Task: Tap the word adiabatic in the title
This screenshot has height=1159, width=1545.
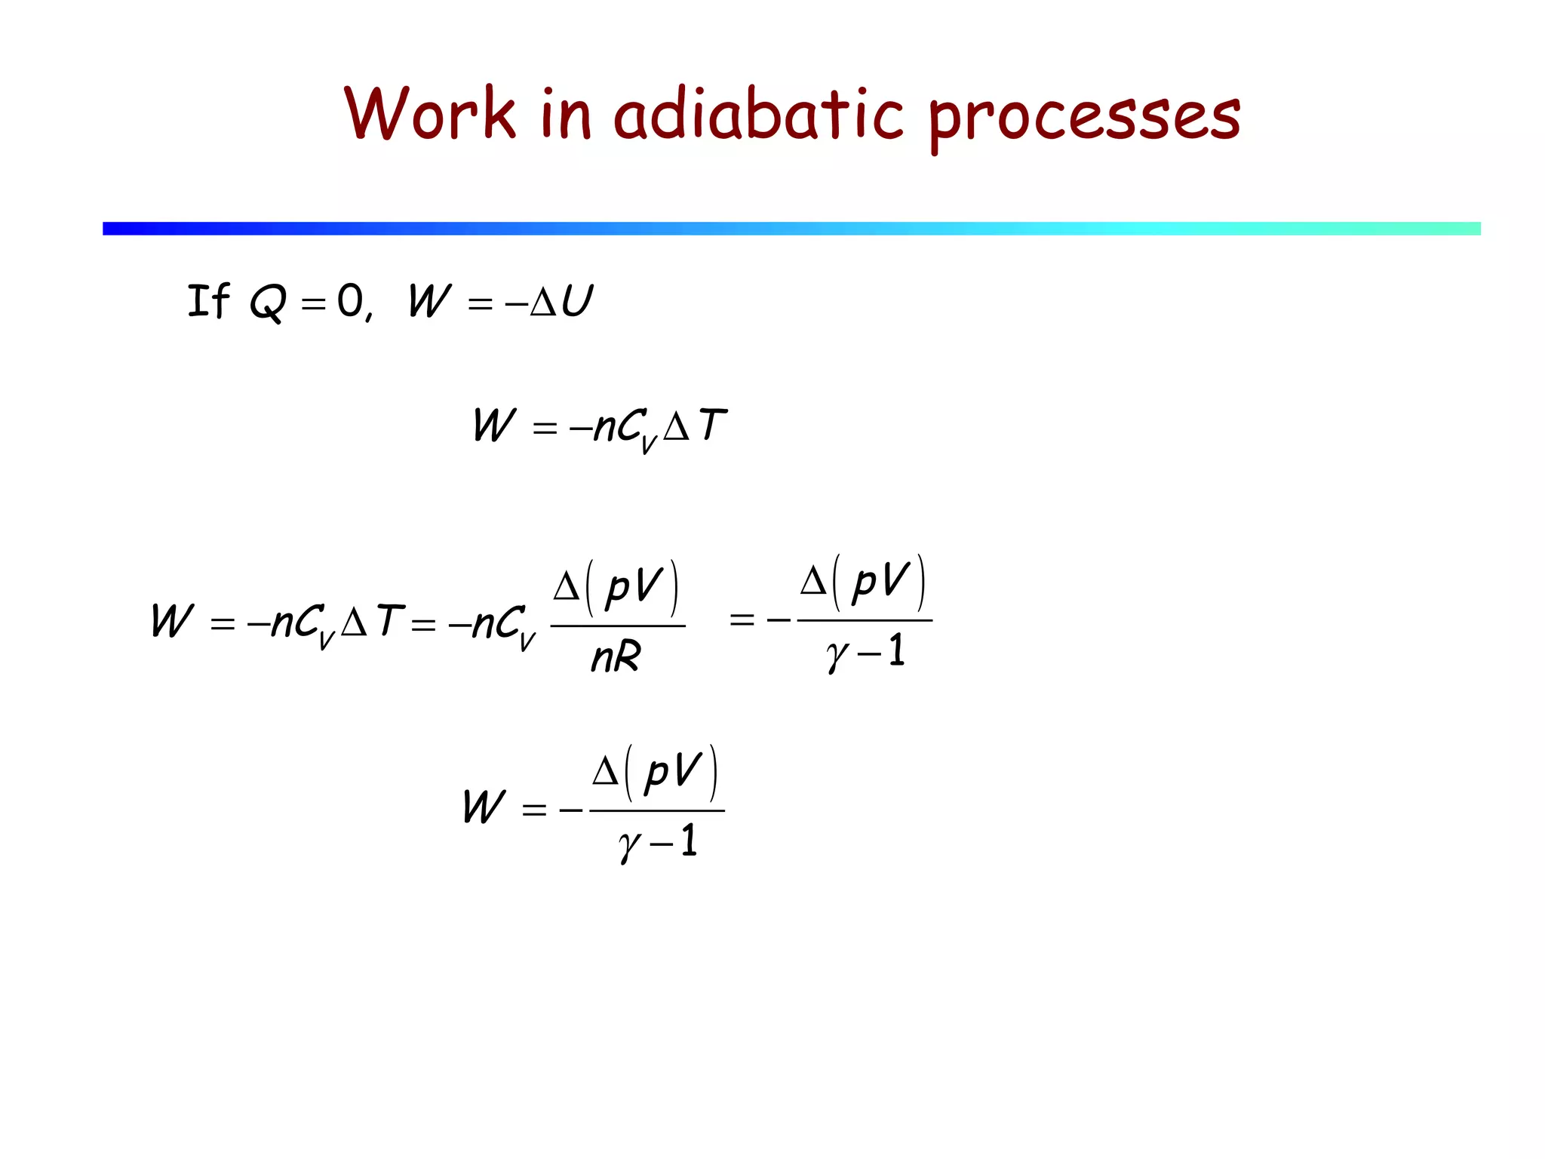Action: (x=757, y=115)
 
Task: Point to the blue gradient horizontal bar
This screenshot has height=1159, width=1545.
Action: (x=791, y=229)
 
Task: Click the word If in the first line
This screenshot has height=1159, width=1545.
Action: (x=208, y=301)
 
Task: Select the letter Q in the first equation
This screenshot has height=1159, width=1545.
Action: (x=268, y=303)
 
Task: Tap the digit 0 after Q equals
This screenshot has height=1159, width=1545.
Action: (x=350, y=301)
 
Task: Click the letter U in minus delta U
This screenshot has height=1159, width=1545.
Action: (x=577, y=301)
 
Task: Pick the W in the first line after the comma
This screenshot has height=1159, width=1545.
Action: (x=429, y=301)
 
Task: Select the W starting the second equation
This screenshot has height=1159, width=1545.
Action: (x=494, y=425)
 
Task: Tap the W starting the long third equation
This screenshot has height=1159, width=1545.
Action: (x=173, y=621)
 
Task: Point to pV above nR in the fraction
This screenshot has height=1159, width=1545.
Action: (x=634, y=586)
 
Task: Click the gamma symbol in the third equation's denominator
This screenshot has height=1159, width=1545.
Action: (x=836, y=653)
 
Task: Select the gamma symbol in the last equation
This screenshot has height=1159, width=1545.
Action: (x=628, y=844)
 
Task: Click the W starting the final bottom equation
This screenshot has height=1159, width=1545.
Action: (x=484, y=807)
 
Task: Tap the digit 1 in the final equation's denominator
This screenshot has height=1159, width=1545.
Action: (x=688, y=841)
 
